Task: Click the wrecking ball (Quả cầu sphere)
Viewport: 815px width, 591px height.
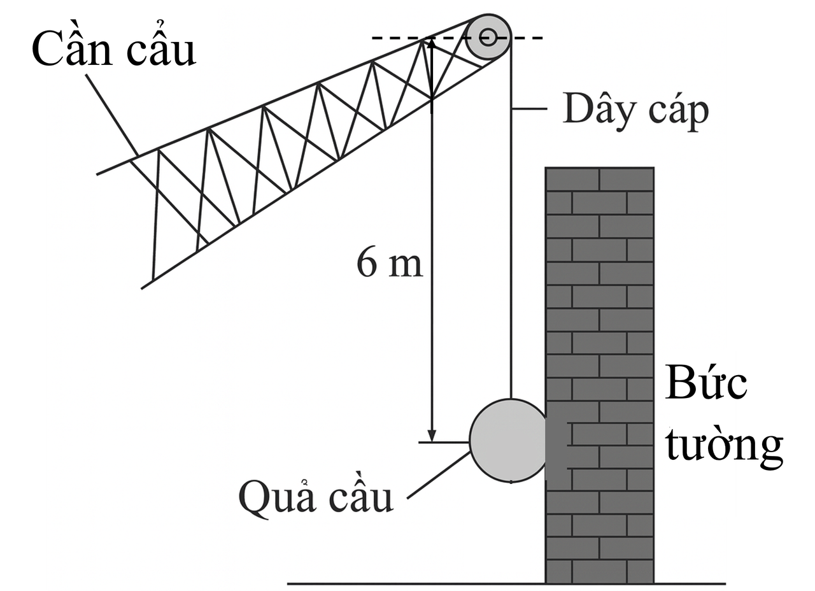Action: click(x=508, y=441)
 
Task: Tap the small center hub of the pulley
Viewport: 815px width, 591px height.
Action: click(x=488, y=37)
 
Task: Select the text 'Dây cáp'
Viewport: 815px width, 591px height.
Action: click(x=635, y=111)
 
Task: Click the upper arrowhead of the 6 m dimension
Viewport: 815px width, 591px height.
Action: click(x=432, y=46)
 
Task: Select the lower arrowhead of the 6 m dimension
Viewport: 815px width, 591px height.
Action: click(x=432, y=434)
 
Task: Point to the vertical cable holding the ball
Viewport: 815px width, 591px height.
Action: click(x=511, y=255)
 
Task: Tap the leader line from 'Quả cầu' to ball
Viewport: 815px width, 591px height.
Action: click(x=439, y=474)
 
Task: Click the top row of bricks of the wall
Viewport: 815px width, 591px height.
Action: click(x=599, y=178)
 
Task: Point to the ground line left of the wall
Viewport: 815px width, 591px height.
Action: click(x=414, y=583)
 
